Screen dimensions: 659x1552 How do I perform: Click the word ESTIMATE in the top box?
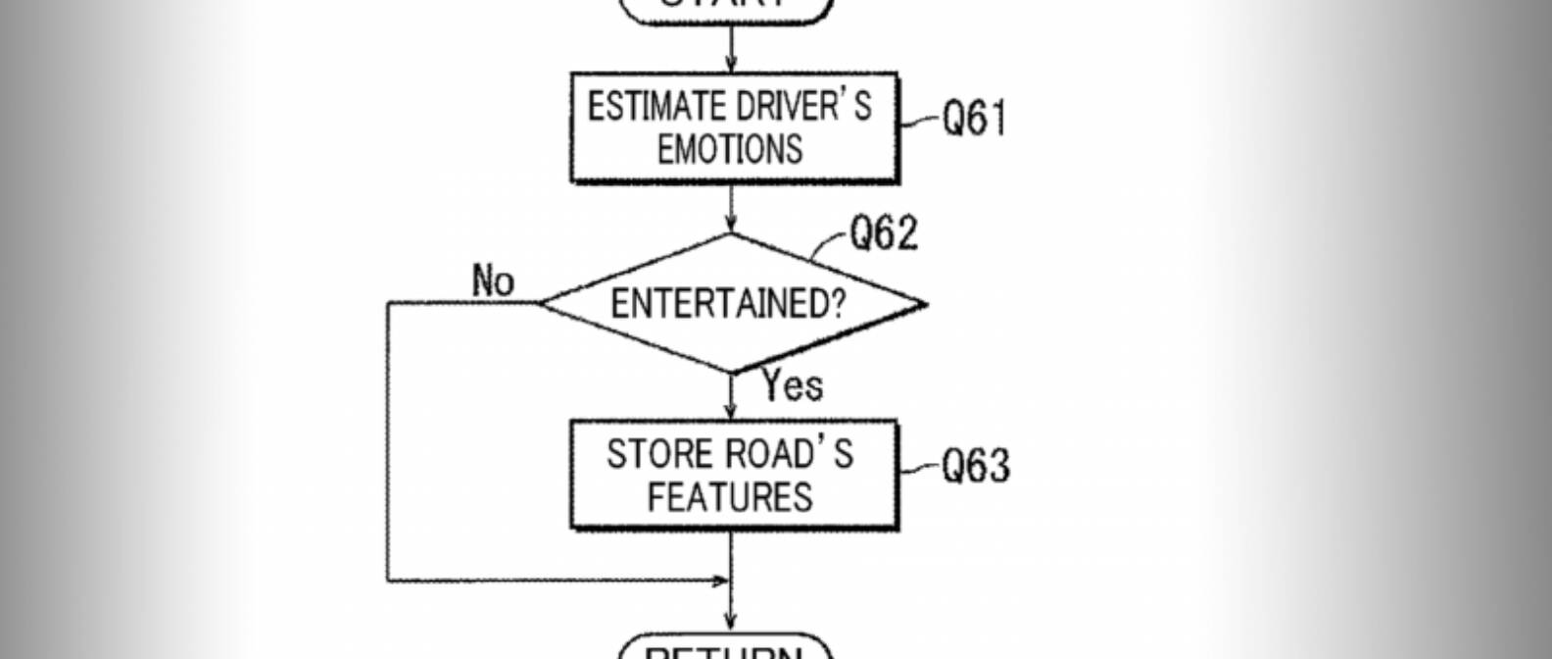click(643, 107)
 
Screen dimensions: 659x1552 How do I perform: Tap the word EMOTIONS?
click(730, 150)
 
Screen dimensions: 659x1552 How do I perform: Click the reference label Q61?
click(974, 119)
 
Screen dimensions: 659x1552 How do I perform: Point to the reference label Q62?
click(884, 234)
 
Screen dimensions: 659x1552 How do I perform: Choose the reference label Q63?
click(976, 466)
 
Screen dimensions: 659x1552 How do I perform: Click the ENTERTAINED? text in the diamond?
click(727, 304)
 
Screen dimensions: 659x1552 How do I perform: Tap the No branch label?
click(493, 281)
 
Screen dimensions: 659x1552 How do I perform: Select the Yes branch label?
click(793, 385)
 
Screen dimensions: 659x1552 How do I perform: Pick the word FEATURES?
click(730, 497)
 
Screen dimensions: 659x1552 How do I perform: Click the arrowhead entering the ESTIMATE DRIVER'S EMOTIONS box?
click(731, 65)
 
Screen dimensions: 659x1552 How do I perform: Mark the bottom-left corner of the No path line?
click(389, 581)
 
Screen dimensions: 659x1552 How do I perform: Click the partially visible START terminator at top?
click(726, 8)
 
